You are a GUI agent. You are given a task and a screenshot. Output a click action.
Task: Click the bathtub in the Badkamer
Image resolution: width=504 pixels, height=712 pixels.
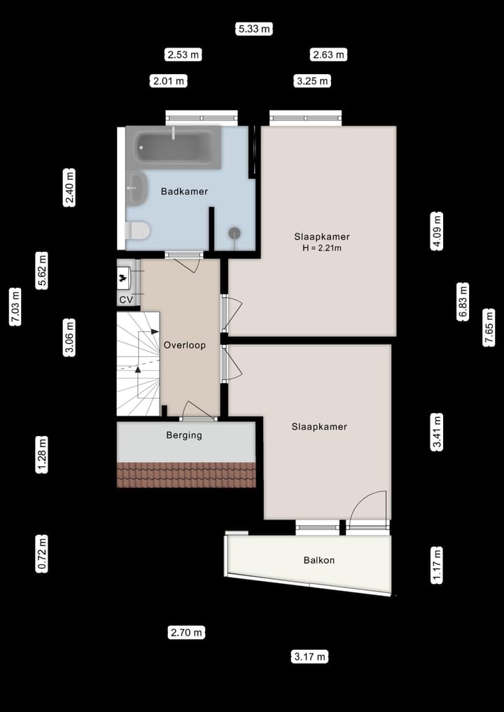[x=174, y=147]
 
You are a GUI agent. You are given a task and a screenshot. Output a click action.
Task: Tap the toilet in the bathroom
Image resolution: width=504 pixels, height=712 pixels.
[x=137, y=230]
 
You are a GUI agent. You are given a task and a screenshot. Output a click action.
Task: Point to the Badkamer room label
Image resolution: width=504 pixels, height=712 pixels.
[x=184, y=191]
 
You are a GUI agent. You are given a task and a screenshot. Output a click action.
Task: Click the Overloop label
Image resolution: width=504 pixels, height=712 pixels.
[x=184, y=345]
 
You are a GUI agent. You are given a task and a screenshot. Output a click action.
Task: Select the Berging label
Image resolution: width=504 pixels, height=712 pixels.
[x=184, y=435]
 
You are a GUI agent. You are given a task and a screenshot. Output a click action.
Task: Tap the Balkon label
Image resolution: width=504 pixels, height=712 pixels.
[x=318, y=560]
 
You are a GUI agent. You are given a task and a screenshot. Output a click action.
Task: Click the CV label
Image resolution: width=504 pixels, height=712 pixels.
[x=126, y=300]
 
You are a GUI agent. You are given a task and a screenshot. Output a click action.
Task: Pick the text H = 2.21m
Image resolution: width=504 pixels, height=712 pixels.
[x=322, y=248]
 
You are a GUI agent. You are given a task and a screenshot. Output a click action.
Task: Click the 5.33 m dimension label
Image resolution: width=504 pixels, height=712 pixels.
[x=254, y=29]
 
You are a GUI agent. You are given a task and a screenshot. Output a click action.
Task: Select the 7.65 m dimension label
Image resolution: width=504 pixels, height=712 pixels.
[x=489, y=327]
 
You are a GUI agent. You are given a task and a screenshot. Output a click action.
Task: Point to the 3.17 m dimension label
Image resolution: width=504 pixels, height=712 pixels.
[x=309, y=657]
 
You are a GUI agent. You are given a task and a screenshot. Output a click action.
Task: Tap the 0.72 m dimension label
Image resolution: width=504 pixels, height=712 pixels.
[x=43, y=554]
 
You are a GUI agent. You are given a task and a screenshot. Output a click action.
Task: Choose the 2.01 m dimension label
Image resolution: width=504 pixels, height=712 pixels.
[x=169, y=81]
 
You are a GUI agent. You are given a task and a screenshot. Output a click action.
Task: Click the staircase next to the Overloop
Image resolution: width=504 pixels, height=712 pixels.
[x=137, y=365]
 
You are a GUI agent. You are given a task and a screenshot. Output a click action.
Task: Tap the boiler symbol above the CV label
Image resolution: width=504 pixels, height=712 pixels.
[x=125, y=277]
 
